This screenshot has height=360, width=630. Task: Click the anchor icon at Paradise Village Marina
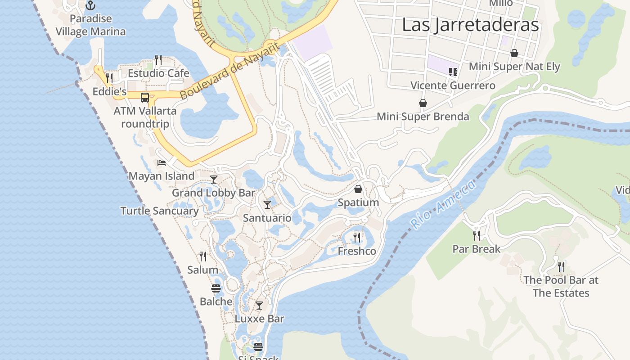point(91,5)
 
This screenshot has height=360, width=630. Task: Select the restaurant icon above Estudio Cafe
point(158,59)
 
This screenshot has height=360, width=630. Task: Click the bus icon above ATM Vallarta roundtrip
point(145,97)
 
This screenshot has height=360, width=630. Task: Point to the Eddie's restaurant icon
point(109,78)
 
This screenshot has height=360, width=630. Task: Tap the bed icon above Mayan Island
point(162,162)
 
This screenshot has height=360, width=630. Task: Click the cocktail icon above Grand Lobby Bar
point(214,180)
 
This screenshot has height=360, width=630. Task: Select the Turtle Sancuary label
point(159,211)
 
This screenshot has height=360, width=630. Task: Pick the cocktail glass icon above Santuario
point(267,205)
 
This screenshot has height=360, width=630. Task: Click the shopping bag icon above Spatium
point(358,189)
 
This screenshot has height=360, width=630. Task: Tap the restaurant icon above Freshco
point(357,237)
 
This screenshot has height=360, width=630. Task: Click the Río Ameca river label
point(443,205)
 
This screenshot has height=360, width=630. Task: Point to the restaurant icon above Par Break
point(477,235)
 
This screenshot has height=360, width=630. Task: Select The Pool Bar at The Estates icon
point(561,267)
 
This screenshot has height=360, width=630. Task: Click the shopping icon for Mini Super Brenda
point(423,103)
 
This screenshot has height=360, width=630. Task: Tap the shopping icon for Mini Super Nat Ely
point(514,53)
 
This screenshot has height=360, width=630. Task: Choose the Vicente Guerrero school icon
point(453,72)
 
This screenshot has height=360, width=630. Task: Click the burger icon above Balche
point(216,288)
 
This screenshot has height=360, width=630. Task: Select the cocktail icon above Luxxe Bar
point(259,306)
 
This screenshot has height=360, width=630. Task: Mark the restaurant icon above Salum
point(203,256)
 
